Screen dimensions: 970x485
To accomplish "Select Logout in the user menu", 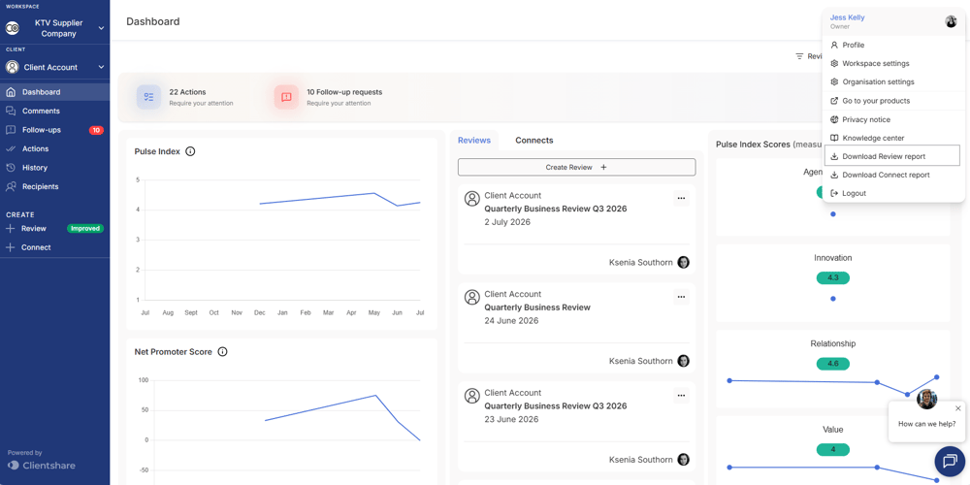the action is (x=854, y=194).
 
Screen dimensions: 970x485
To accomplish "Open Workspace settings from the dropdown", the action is (x=875, y=64).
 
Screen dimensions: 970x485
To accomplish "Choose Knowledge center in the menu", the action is (x=873, y=138).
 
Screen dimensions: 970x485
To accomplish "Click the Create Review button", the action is (x=576, y=167).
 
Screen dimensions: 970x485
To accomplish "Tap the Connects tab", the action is (x=533, y=141).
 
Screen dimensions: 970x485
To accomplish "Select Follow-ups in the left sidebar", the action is (x=42, y=130).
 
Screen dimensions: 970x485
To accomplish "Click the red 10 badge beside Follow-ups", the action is (x=96, y=130).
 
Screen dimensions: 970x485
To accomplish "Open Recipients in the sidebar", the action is (x=41, y=186).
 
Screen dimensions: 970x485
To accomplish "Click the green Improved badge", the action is (x=85, y=228).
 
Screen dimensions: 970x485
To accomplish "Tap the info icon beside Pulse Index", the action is (x=190, y=151).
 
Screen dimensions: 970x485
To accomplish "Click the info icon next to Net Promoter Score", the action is (x=223, y=352).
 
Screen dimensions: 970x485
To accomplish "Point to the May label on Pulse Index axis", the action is (x=374, y=313).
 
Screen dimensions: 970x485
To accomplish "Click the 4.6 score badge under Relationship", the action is (x=832, y=364).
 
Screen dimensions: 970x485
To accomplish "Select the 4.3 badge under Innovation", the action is (x=832, y=277).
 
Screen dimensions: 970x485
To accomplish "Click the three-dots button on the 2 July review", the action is (x=681, y=198).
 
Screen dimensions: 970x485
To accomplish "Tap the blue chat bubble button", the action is (x=950, y=462).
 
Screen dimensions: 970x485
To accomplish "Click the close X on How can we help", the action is (x=958, y=408).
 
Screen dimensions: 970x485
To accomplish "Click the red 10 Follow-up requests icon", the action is (x=286, y=97).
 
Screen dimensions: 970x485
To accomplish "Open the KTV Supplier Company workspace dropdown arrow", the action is (x=102, y=28).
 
